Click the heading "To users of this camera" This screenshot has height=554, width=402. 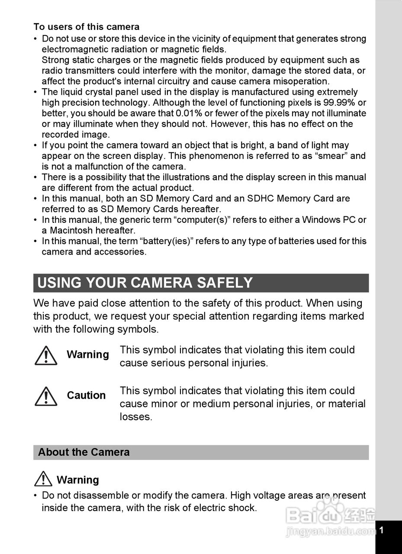[x=87, y=27]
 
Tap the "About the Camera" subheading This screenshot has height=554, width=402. [x=84, y=452]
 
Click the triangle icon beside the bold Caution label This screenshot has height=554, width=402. [x=45, y=396]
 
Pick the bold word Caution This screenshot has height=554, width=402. [x=86, y=396]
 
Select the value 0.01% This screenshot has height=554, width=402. [x=189, y=113]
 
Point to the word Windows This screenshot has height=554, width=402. [x=321, y=219]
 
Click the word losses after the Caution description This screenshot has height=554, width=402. [x=136, y=417]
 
